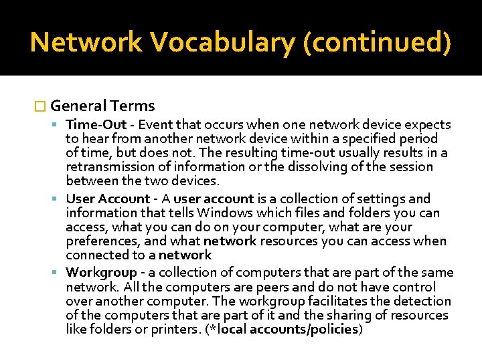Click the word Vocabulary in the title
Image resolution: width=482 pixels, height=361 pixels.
pos(223,42)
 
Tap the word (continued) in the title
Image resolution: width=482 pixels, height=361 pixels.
pos(377,42)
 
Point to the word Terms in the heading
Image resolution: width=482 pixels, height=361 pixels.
pos(133,106)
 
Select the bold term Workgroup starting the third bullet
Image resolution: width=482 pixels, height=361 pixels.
pos(101,273)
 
